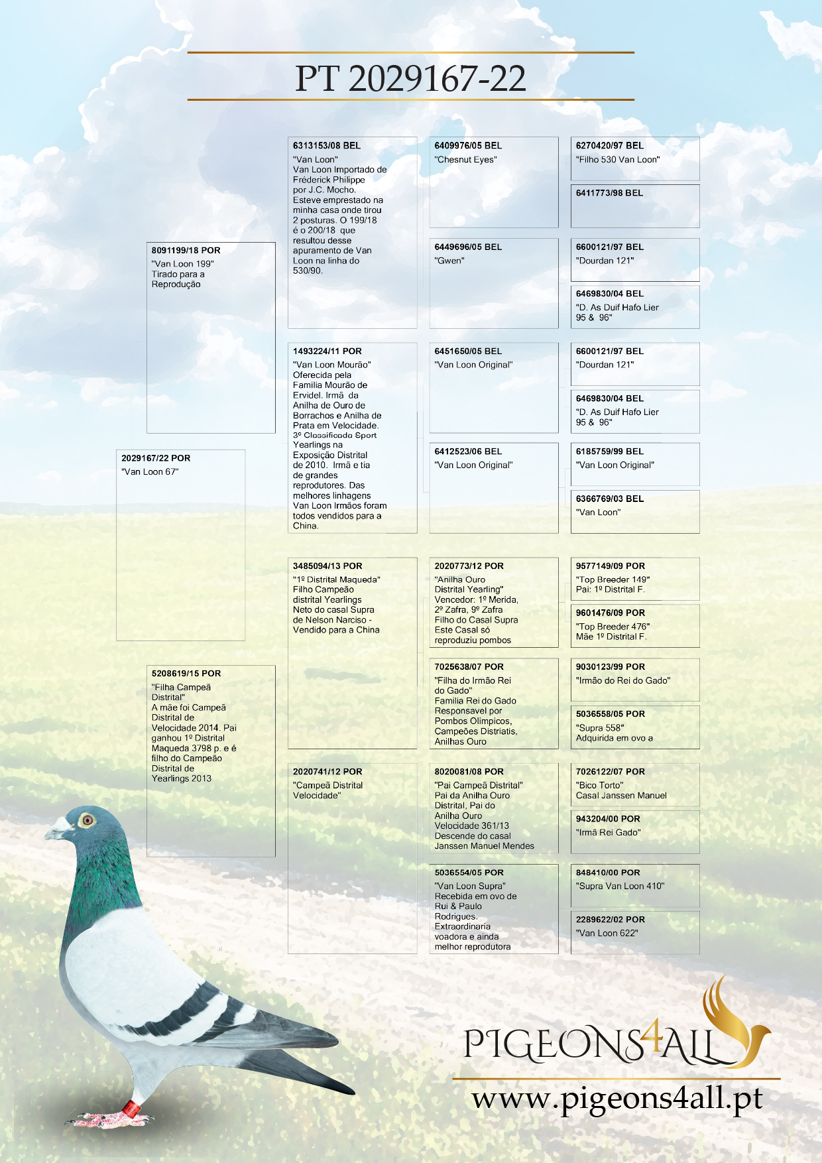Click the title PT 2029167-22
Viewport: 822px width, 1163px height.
pos(410,78)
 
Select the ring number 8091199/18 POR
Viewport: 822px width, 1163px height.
pos(186,251)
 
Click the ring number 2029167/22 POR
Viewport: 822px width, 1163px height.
pos(156,458)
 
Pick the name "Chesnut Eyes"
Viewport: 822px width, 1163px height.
pos(466,160)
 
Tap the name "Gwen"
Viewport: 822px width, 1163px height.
pos(449,261)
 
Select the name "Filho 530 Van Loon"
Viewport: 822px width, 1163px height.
pos(618,160)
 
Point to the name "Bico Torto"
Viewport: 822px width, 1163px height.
pos(600,786)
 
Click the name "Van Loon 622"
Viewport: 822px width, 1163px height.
pos(607,934)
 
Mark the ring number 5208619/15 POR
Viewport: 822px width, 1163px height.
pos(186,674)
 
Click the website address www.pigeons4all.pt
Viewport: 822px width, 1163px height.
pos(617,1099)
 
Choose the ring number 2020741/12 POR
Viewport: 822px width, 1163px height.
pos(327,772)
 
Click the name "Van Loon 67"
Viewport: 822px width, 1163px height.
pos(150,472)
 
